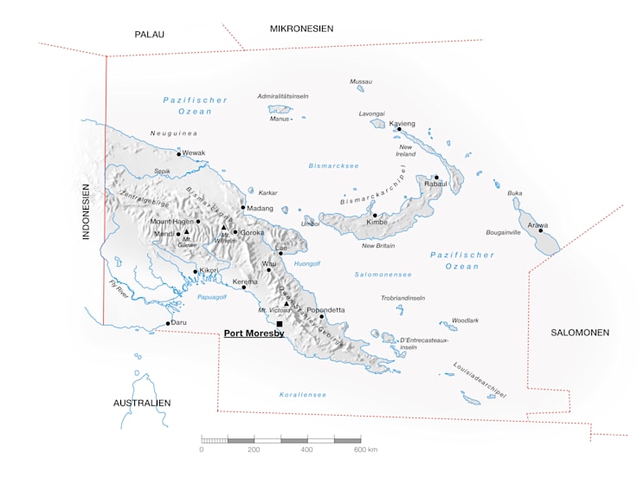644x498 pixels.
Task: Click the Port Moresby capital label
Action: pyautogui.click(x=254, y=333)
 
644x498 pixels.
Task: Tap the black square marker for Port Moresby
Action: pyautogui.click(x=280, y=324)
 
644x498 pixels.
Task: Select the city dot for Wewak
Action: pyautogui.click(x=179, y=154)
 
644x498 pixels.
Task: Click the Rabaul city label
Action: pyautogui.click(x=435, y=184)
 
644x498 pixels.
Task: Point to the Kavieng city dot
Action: pyautogui.click(x=399, y=130)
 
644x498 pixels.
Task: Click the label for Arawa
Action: pyautogui.click(x=538, y=224)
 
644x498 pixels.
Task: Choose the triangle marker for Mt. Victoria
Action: pyautogui.click(x=287, y=304)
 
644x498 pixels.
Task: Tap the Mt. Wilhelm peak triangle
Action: pyautogui.click(x=223, y=228)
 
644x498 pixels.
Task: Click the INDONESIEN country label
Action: pyautogui.click(x=87, y=211)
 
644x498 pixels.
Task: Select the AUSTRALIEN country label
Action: pyautogui.click(x=142, y=403)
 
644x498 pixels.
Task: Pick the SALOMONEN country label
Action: pyautogui.click(x=580, y=333)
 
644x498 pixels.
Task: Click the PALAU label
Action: pyautogui.click(x=149, y=35)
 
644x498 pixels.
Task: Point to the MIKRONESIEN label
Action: pyautogui.click(x=301, y=29)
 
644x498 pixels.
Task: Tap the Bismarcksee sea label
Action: pyautogui.click(x=333, y=165)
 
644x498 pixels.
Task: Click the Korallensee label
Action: pyautogui.click(x=302, y=395)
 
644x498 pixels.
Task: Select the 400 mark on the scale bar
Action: pyautogui.click(x=306, y=449)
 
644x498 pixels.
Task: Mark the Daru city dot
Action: pyautogui.click(x=168, y=324)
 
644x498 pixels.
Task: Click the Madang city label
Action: pyautogui.click(x=260, y=209)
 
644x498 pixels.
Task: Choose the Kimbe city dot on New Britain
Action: pyautogui.click(x=375, y=215)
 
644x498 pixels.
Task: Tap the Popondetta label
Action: pyautogui.click(x=326, y=309)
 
